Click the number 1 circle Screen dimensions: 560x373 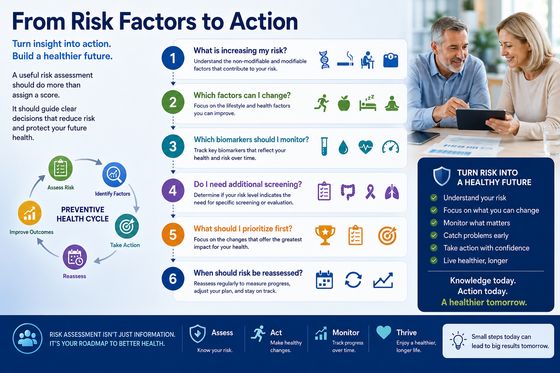coord(173,58)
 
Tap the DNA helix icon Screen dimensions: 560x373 coord(324,60)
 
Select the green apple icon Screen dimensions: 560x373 coord(344,103)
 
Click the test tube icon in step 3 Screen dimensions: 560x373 coord(324,147)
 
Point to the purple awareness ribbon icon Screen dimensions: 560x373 coord(370,192)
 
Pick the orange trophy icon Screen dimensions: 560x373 coord(325,235)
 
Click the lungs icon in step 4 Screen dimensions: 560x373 coord(392,192)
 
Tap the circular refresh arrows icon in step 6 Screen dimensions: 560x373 coord(353,280)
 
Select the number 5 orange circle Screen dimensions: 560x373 coord(173,235)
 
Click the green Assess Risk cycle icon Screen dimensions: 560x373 coord(61,168)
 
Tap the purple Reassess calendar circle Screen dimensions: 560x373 coord(75,257)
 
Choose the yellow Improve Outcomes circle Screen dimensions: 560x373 coord(30,213)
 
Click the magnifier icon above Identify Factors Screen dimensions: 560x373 coord(114,174)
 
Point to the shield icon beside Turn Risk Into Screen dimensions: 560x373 coord(442,176)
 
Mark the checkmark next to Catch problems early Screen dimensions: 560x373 coord(434,235)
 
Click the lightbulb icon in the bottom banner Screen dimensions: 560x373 coord(458,340)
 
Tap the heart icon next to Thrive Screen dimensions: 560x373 coord(384,332)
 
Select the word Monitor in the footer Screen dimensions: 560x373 coord(346,333)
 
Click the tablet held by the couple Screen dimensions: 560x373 coord(481,119)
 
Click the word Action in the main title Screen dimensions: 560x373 coord(264,21)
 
